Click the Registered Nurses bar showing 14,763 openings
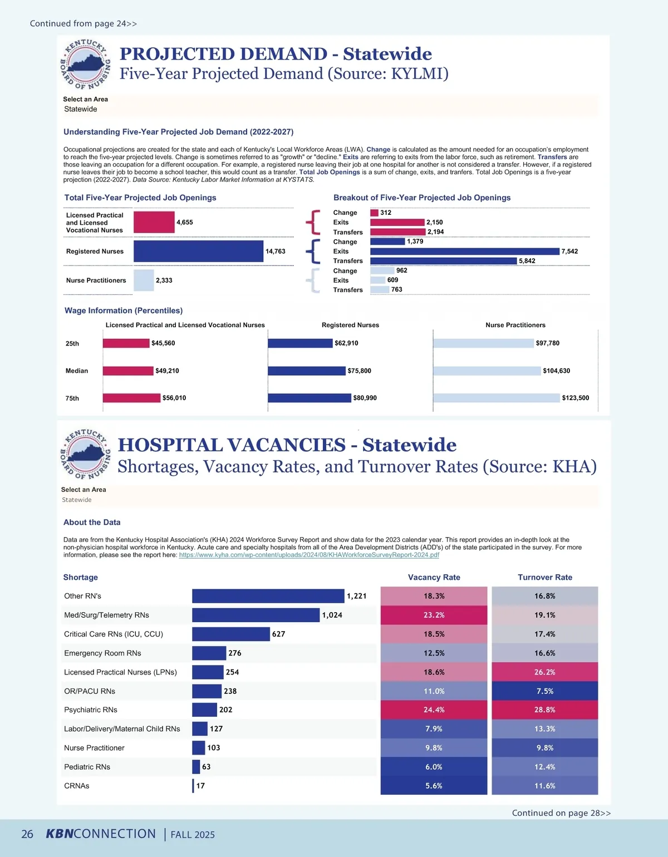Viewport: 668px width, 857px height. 198,251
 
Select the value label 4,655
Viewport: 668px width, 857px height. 185,223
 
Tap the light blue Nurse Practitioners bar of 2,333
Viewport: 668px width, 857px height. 144,280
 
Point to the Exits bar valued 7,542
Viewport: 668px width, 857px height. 464,252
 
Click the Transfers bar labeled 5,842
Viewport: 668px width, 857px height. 443,261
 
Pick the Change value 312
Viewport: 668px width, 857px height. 386,213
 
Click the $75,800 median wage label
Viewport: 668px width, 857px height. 360,371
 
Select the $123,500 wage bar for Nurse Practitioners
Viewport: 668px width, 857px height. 496,398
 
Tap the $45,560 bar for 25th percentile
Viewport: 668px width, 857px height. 126,343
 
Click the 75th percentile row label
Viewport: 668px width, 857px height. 72,398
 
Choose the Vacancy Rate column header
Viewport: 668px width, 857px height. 434,578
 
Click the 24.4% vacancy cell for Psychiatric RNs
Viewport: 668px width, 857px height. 434,710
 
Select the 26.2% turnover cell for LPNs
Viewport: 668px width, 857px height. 544,672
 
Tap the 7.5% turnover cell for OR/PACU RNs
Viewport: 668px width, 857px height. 544,691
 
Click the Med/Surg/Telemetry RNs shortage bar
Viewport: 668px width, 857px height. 256,615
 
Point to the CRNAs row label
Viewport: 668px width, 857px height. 77,786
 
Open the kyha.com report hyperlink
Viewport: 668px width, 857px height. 309,555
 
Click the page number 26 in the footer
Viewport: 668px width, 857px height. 27,834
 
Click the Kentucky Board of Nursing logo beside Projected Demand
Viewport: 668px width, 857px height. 85,64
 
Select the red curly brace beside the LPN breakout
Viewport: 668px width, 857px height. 313,222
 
